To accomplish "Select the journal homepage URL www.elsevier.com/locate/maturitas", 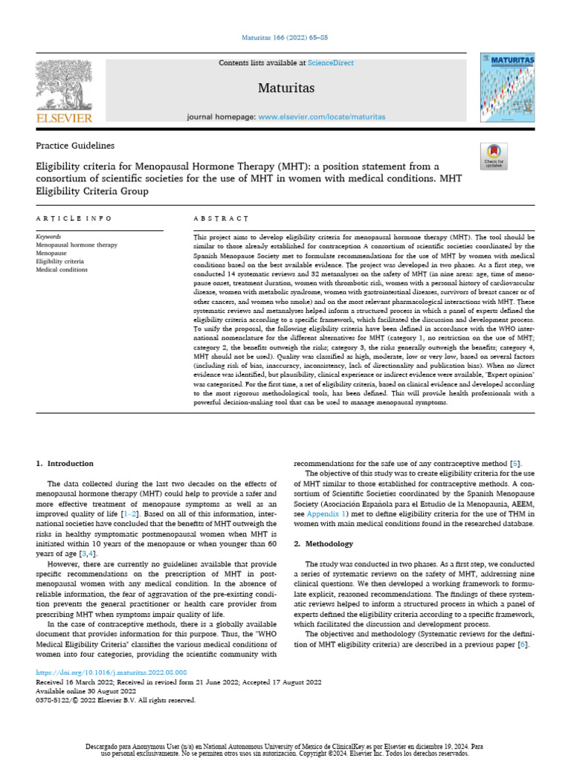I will coord(322,117).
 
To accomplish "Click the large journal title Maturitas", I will coord(286,89).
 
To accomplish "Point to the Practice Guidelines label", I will coord(75,146).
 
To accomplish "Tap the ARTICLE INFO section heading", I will coord(74,218).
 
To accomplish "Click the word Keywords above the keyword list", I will coord(49,237).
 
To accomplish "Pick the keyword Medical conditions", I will coord(62,270).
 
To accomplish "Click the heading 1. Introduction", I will coord(65,464).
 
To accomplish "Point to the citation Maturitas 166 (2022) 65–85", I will coord(285,36).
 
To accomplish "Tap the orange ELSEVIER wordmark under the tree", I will coord(64,118).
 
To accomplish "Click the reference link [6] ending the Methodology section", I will coord(523,644).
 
